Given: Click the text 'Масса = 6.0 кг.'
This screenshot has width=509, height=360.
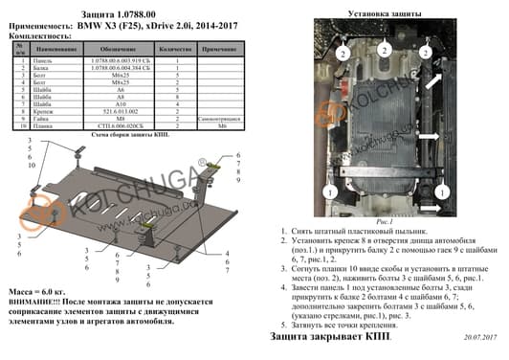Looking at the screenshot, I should coord(34,288).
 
